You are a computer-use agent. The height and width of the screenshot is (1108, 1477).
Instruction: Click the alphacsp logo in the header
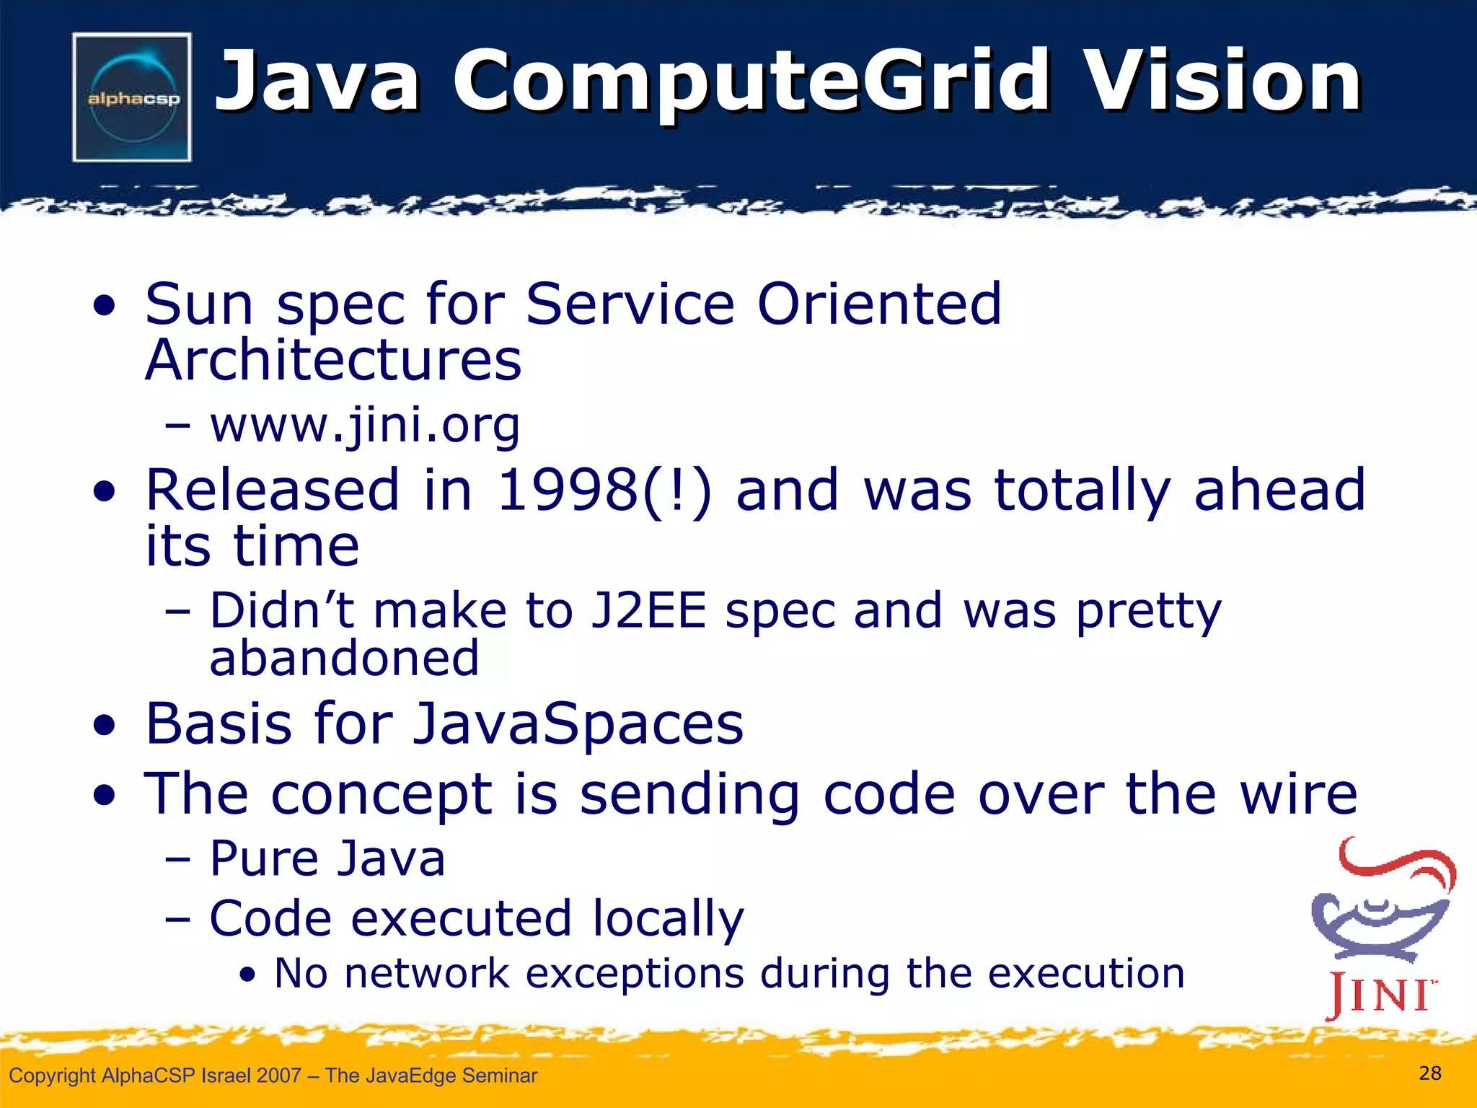click(x=132, y=97)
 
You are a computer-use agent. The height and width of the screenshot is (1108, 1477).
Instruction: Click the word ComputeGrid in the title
click(x=750, y=81)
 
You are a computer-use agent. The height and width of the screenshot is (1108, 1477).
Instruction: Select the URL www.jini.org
click(x=365, y=426)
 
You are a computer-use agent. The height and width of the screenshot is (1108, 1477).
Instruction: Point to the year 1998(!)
click(x=604, y=491)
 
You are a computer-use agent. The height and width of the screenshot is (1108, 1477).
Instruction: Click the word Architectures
click(x=333, y=360)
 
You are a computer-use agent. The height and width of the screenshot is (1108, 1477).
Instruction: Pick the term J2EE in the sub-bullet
click(x=648, y=612)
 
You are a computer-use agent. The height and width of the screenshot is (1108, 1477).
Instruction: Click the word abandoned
click(x=344, y=659)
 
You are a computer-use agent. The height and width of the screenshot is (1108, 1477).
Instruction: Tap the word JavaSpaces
click(x=578, y=724)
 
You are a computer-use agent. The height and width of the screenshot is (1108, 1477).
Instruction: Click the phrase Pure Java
click(x=327, y=859)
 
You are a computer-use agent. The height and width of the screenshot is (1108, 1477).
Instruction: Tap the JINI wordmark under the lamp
click(x=1380, y=995)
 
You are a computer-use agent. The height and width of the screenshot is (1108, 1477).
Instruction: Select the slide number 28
click(x=1429, y=1073)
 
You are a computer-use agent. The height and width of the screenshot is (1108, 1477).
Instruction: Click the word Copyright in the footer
click(x=52, y=1076)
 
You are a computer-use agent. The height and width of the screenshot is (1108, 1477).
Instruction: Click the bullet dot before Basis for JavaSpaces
click(x=105, y=726)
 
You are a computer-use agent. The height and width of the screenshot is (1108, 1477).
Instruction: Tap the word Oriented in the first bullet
click(x=879, y=304)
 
